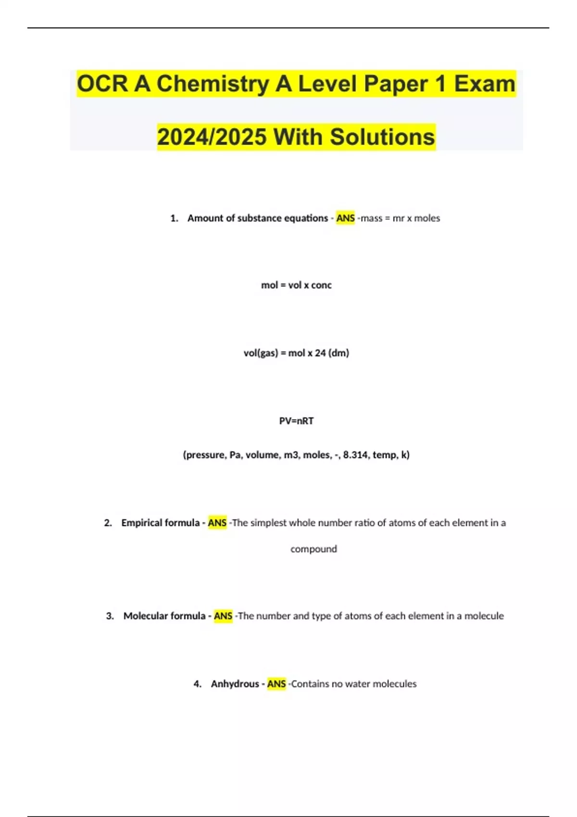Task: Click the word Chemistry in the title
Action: [212, 84]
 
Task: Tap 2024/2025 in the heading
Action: [212, 137]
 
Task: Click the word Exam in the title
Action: [484, 84]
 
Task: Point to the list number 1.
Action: [174, 218]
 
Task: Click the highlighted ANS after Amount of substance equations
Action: [345, 218]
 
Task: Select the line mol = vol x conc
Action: [296, 285]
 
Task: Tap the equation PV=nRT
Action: [296, 421]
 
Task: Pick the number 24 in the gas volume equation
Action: [320, 353]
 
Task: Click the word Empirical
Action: [140, 523]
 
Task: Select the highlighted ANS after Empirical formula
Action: [217, 523]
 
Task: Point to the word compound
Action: [314, 549]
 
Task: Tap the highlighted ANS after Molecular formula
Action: [223, 616]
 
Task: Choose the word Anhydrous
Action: [235, 684]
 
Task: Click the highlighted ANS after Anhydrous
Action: [276, 684]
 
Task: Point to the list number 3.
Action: [110, 616]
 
